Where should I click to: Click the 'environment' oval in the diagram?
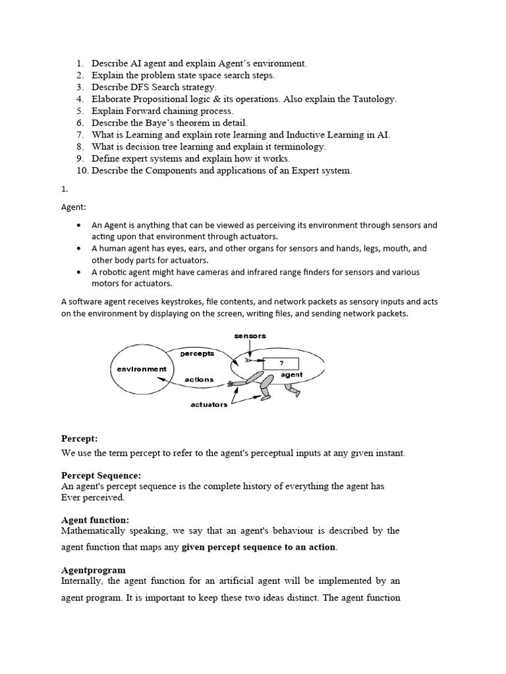point(142,369)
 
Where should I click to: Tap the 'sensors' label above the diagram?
point(250,336)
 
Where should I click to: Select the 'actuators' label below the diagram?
point(210,404)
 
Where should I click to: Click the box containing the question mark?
point(281,363)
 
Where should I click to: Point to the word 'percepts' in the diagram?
point(197,353)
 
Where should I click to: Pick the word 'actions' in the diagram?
point(199,380)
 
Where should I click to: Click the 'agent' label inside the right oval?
point(291,375)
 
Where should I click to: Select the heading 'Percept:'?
point(80,438)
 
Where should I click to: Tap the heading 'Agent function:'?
point(95,519)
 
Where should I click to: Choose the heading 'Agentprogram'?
point(94,569)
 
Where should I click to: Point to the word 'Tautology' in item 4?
point(373,99)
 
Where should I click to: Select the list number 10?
point(81,170)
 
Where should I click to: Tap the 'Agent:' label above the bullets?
point(74,207)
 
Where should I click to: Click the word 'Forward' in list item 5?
point(141,111)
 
